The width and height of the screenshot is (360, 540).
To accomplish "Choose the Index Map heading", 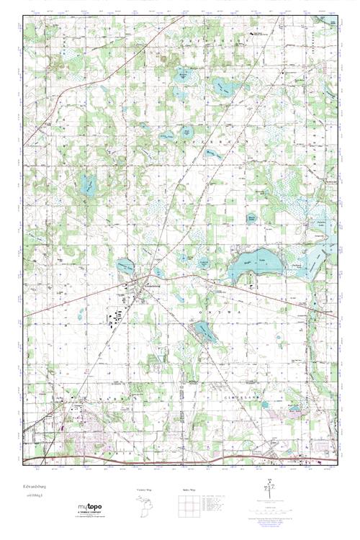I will click(x=186, y=491).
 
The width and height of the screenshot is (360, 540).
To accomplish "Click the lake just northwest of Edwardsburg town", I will click(x=124, y=268).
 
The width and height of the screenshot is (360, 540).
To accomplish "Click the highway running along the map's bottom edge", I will click(x=180, y=458).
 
